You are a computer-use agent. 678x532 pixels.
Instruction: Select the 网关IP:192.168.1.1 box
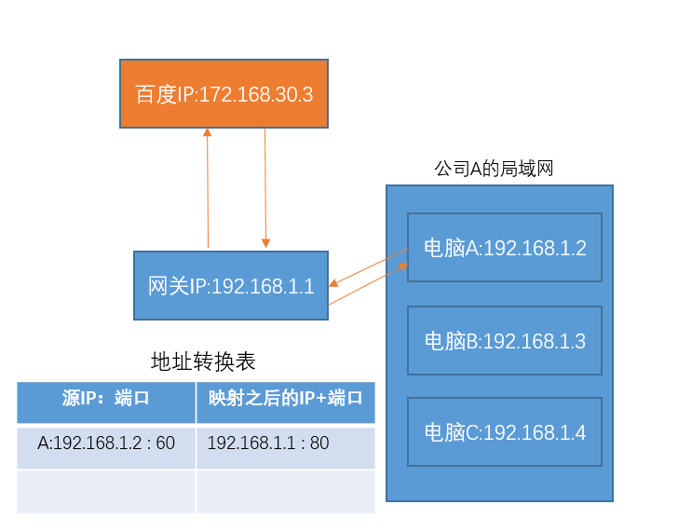(231, 285)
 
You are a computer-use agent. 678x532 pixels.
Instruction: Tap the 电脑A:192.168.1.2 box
(505, 247)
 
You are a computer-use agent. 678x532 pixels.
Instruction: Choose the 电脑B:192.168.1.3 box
(505, 340)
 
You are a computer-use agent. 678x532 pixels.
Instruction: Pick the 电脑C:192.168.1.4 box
(505, 431)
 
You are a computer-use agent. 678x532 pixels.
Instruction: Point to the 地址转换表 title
(203, 361)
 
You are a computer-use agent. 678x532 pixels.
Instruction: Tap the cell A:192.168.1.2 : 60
(106, 443)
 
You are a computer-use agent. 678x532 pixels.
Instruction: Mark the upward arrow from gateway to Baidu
(208, 186)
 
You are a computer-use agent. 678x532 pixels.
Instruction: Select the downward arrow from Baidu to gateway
(265, 186)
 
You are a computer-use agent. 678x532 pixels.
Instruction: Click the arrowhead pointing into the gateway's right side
(334, 284)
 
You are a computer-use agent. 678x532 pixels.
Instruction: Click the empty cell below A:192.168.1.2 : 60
(106, 490)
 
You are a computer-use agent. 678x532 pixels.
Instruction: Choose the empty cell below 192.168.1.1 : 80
(285, 490)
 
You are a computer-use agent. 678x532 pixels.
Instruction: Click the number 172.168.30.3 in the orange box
(255, 94)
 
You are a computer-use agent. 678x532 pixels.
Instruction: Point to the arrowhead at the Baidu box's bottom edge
(208, 134)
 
